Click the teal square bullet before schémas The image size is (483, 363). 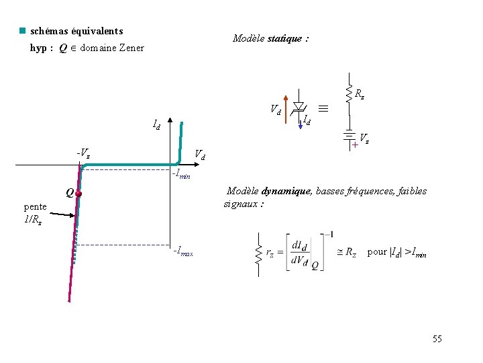tap(22, 31)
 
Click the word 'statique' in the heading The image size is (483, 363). tap(284, 39)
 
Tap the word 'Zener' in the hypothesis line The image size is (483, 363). tap(131, 48)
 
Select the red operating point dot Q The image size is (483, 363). tap(78, 194)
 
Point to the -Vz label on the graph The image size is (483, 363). tap(83, 154)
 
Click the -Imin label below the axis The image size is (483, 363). tap(181, 175)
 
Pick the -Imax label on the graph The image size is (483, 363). tap(182, 253)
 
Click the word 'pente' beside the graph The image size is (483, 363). tap(35, 206)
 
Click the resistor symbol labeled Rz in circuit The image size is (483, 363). tap(348, 93)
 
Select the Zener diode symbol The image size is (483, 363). tap(299, 108)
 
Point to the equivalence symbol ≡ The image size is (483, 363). tap(323, 108)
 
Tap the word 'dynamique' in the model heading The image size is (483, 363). tap(281, 192)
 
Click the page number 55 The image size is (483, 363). tap(437, 339)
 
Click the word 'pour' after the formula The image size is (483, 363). tap(377, 252)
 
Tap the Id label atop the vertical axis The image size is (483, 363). tap(156, 124)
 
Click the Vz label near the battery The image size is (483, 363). tap(365, 138)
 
